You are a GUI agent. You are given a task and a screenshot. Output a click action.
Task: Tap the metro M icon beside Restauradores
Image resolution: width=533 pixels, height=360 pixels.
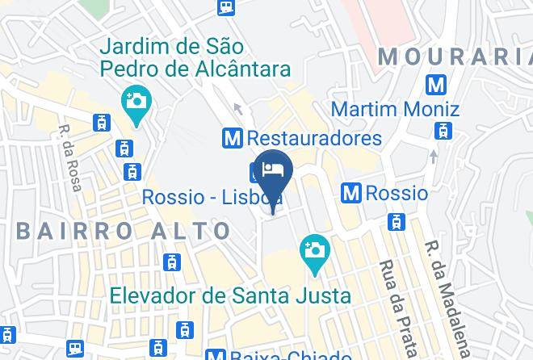click(x=233, y=138)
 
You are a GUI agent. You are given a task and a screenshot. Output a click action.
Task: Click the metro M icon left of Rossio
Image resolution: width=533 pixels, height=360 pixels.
click(x=351, y=193)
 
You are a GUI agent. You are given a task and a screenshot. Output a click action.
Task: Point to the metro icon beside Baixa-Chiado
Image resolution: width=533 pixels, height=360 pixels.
click(x=215, y=355)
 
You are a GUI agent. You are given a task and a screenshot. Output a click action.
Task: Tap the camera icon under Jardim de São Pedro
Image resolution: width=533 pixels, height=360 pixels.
click(x=136, y=102)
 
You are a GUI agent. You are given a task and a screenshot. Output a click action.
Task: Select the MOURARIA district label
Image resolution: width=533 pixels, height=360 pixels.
click(x=454, y=56)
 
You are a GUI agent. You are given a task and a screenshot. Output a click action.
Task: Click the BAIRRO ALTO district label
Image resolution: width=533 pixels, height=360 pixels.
click(x=124, y=231)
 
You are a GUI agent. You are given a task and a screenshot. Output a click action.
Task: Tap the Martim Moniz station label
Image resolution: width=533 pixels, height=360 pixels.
click(x=396, y=108)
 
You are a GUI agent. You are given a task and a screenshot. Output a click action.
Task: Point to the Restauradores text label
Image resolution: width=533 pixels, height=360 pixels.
click(x=314, y=138)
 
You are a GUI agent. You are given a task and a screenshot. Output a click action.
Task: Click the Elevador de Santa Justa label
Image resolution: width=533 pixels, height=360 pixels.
click(x=231, y=295)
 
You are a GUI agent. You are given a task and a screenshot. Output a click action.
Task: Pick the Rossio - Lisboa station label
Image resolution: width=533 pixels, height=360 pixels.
click(x=212, y=197)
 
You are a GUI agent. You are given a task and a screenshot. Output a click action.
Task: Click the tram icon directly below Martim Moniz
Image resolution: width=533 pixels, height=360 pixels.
click(x=443, y=130)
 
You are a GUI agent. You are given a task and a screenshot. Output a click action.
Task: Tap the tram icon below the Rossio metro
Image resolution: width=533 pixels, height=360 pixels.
click(x=396, y=221)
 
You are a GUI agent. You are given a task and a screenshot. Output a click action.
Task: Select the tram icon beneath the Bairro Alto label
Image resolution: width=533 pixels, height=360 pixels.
click(x=171, y=262)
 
